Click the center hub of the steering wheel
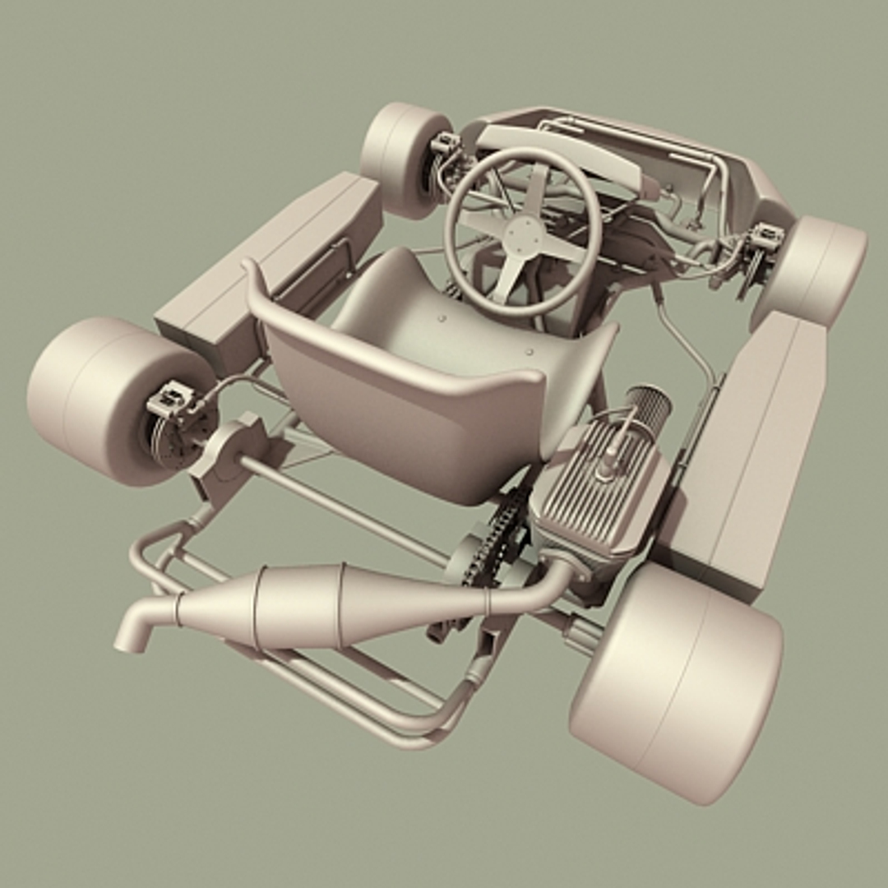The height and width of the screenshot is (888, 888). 523,234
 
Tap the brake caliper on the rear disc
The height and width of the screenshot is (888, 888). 169,400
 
